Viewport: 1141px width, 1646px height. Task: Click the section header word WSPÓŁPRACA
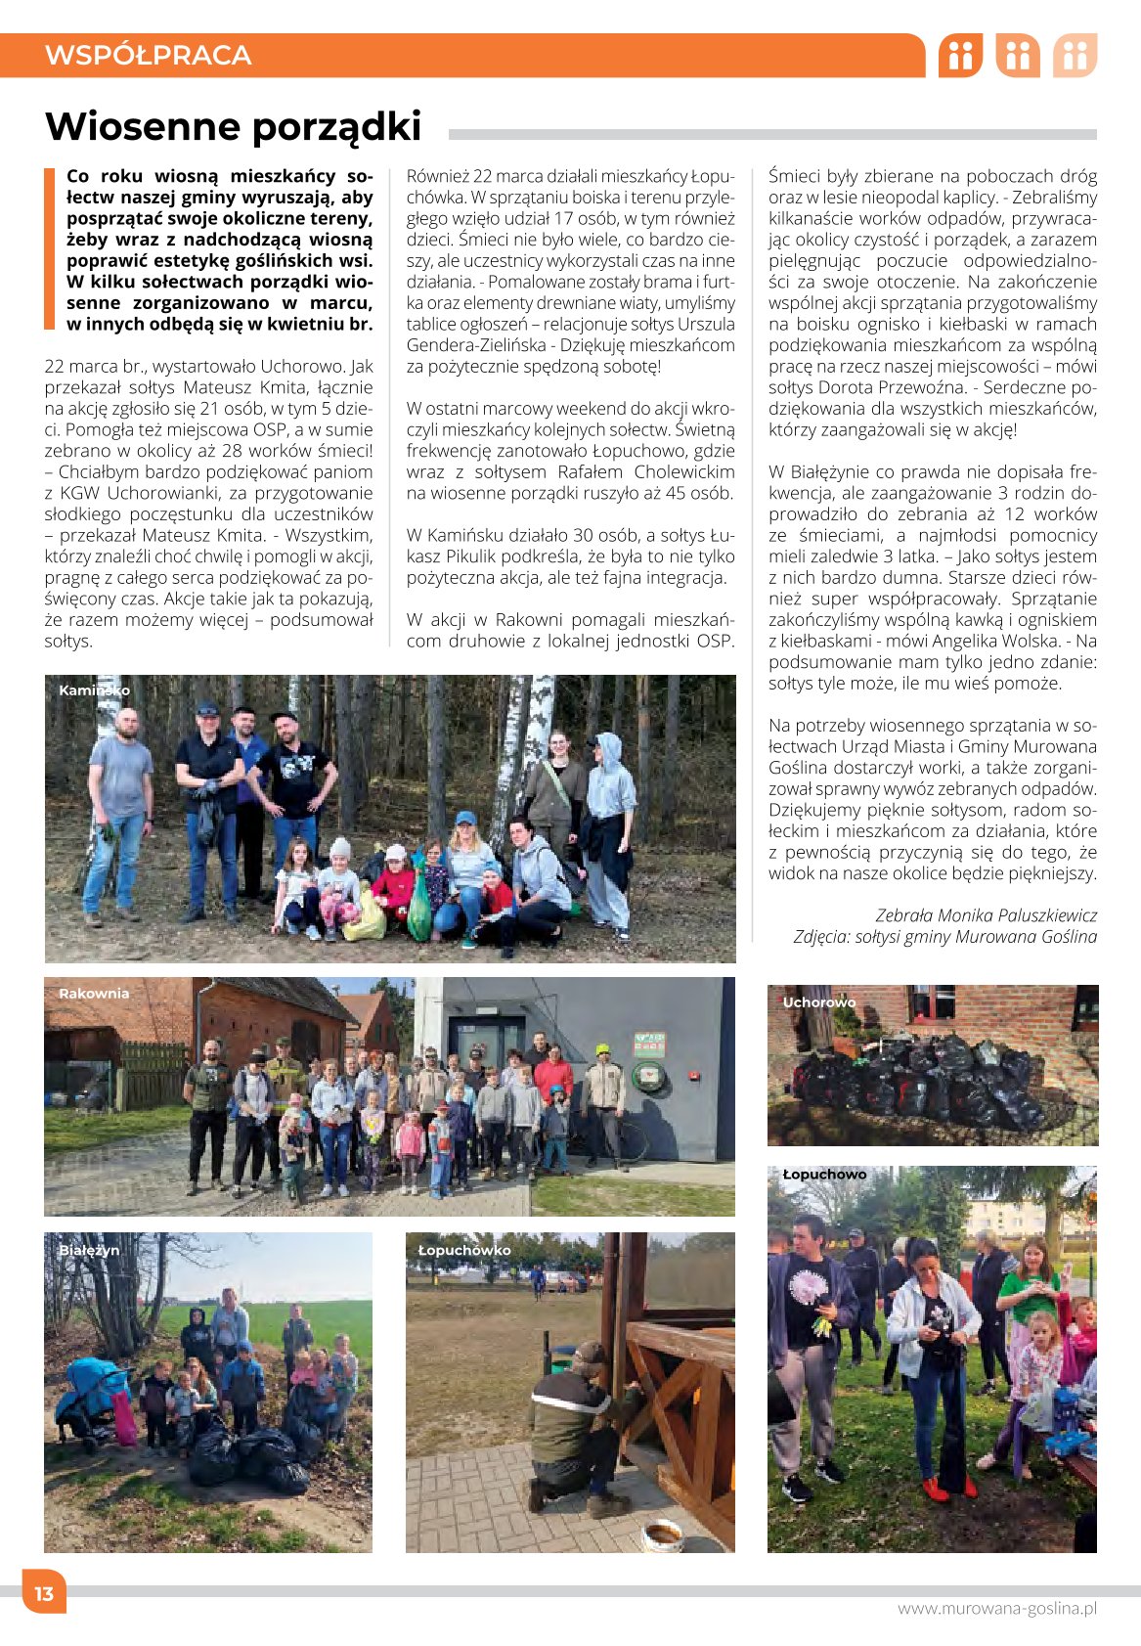[148, 55]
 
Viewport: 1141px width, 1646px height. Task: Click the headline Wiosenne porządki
[233, 127]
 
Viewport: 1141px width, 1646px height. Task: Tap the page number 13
[44, 1593]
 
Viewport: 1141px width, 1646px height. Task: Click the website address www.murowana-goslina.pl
[996, 1608]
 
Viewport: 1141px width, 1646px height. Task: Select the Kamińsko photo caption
[94, 690]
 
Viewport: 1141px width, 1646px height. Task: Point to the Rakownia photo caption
[94, 994]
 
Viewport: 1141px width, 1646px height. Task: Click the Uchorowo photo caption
[818, 1002]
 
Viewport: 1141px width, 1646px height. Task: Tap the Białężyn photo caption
[89, 1250]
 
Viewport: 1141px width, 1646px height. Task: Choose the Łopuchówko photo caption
[464, 1250]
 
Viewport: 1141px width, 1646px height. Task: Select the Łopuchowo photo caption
[824, 1174]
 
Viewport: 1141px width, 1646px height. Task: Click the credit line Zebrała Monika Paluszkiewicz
[986, 915]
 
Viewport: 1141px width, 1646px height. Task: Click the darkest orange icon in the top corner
[960, 56]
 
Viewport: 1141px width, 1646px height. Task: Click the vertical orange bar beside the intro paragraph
[49, 249]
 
